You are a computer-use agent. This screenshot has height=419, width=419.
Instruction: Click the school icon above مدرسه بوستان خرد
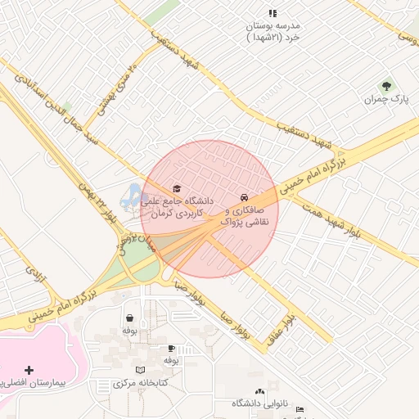273,13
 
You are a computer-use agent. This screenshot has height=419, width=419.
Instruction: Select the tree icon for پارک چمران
386,85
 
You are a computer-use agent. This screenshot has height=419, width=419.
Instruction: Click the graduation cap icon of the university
177,187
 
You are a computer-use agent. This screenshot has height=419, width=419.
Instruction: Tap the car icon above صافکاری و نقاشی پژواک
244,197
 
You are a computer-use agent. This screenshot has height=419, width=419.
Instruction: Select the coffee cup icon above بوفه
171,348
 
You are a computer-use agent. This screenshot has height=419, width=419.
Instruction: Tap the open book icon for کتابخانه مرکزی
140,370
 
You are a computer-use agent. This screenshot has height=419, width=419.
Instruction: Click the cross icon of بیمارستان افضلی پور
29,371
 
